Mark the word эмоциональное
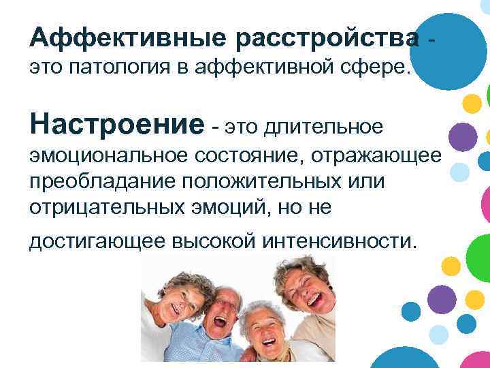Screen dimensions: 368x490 click(108, 157)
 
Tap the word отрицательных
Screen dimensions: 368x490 click(107, 208)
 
